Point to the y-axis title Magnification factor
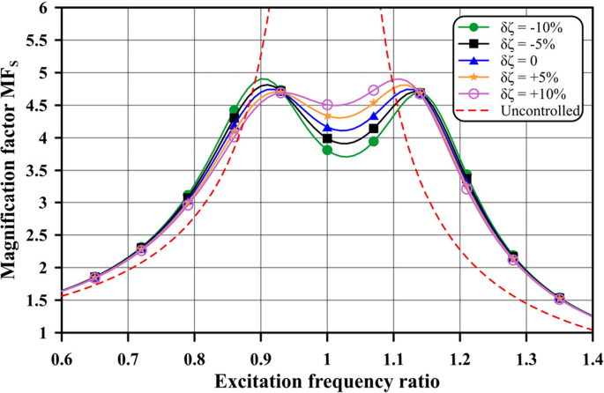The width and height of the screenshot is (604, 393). coord(11,169)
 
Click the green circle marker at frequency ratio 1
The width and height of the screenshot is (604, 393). coord(327,150)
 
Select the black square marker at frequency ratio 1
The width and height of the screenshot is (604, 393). coord(327,138)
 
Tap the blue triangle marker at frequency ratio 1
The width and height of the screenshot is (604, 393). coord(327,128)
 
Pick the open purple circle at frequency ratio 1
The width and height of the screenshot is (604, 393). coord(327,105)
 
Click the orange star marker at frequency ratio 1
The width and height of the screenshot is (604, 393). coord(327,115)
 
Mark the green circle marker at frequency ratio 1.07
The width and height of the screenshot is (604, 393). coord(373,141)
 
